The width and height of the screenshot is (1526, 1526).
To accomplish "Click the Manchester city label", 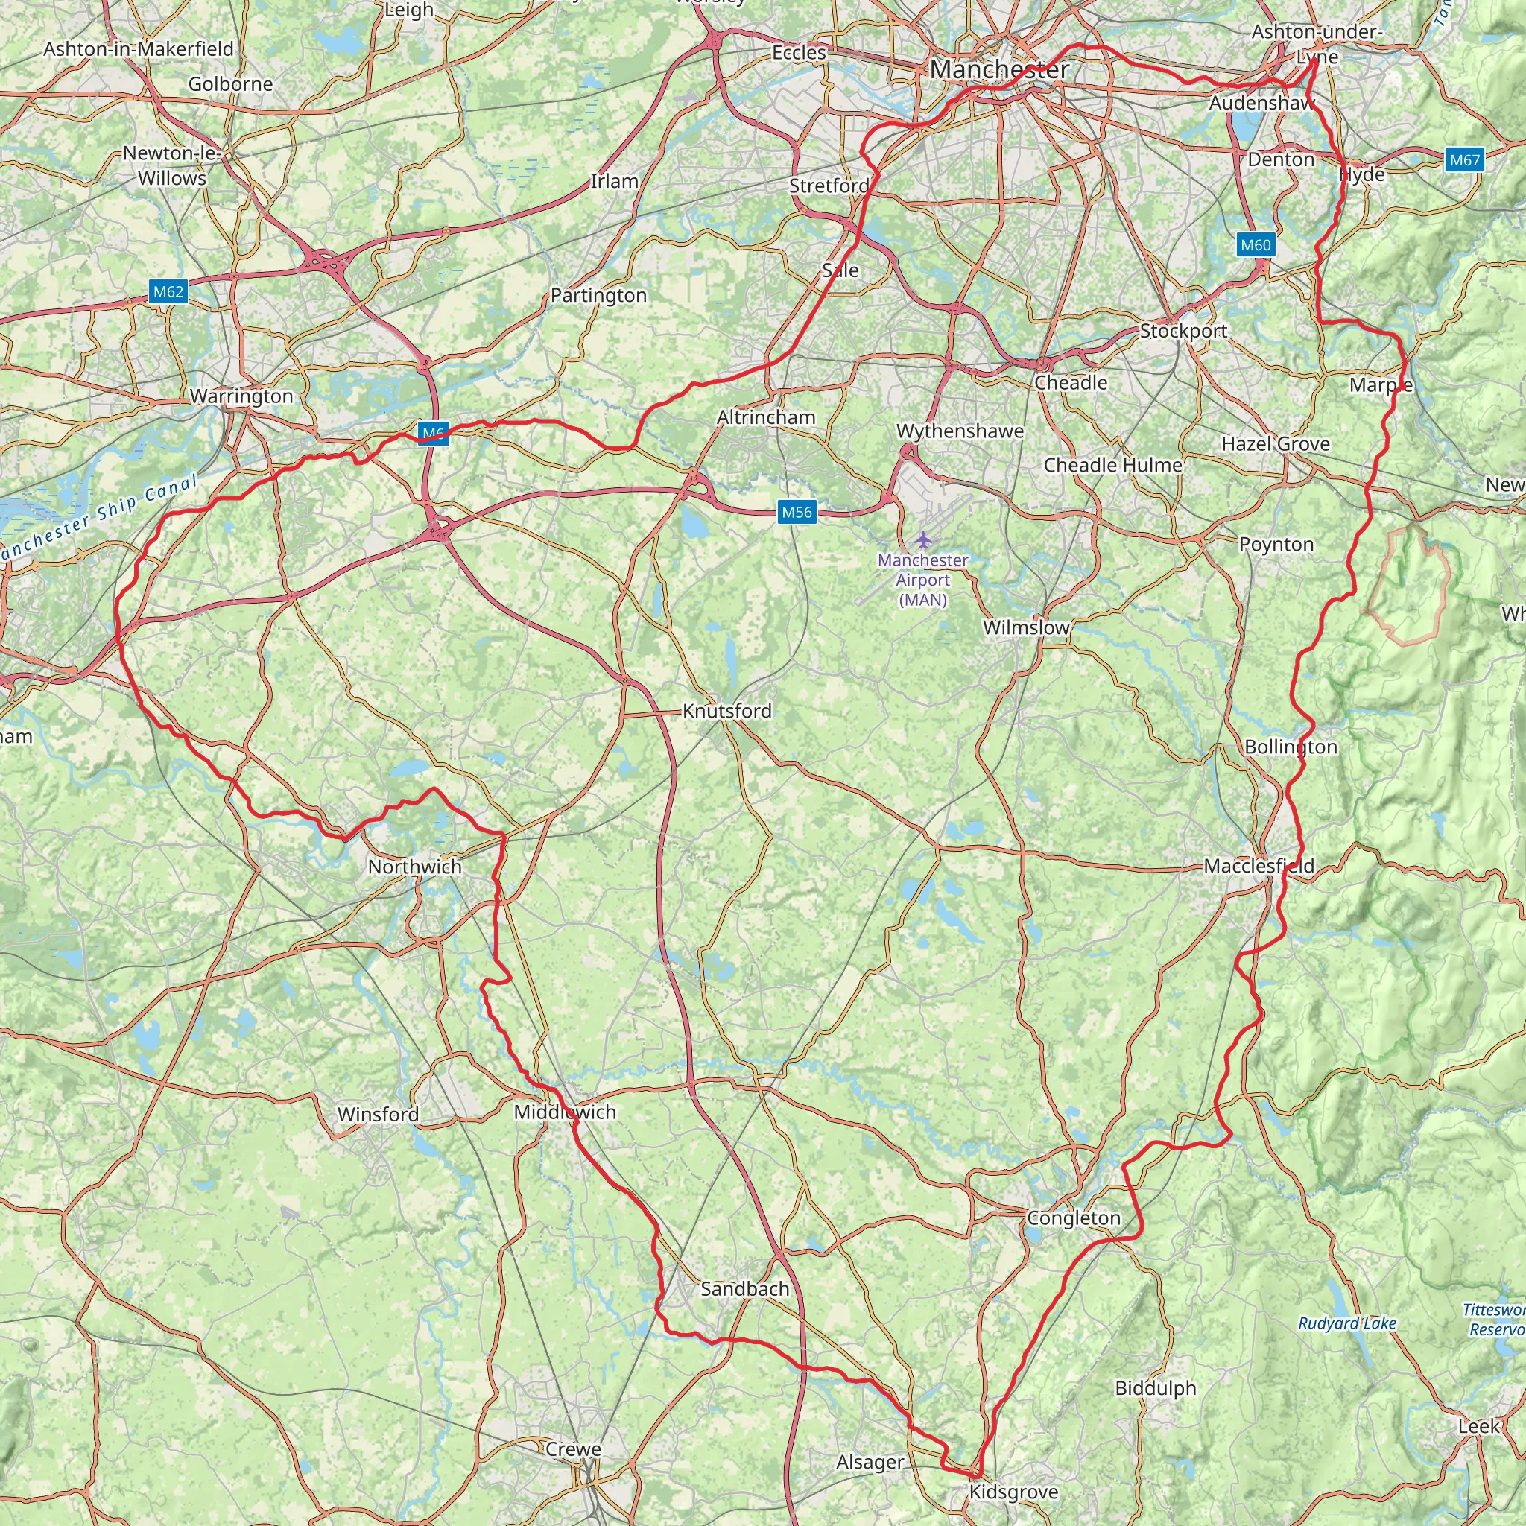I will (999, 69).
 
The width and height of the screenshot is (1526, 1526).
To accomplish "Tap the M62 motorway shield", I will (168, 291).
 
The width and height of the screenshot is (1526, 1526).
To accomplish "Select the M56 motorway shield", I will (797, 512).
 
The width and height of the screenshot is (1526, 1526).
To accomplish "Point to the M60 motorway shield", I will (1255, 245).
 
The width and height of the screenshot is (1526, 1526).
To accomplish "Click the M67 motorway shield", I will (1464, 160).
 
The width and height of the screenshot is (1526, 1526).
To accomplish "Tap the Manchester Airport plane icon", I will (923, 540).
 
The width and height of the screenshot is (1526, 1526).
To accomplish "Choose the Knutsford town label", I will (726, 711).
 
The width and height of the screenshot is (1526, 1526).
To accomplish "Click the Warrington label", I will (241, 396).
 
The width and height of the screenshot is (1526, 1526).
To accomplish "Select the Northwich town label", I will (415, 867).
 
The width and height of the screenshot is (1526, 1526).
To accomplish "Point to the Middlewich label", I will (565, 1112).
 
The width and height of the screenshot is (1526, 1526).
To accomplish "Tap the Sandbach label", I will (745, 1289).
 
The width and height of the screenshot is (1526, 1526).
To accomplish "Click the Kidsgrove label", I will (1013, 1492).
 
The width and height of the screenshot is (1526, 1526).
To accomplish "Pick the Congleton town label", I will (1074, 1218).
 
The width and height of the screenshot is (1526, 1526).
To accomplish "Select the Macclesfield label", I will (1259, 866).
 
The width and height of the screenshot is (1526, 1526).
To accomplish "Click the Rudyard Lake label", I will (1347, 1323).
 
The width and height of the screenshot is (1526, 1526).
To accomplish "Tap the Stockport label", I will (1183, 331).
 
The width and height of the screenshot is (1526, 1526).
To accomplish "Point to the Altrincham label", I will (766, 417).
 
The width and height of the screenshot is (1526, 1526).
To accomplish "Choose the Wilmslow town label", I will (1026, 627).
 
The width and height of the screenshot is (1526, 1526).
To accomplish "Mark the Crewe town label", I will (574, 1449).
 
